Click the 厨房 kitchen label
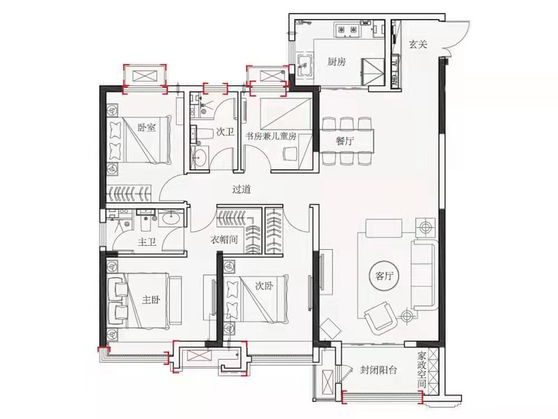[336, 61]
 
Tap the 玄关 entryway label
[418, 45]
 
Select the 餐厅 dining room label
[344, 141]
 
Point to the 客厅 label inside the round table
[384, 276]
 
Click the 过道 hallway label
[241, 189]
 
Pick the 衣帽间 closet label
[224, 240]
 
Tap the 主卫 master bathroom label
[147, 242]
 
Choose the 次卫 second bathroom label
[225, 132]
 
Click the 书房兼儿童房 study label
[271, 136]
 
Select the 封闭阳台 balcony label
[378, 370]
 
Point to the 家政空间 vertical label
[422, 370]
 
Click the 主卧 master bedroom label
[151, 299]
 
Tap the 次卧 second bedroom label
[264, 285]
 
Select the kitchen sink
[304, 66]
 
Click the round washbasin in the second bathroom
[201, 157]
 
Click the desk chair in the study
[291, 154]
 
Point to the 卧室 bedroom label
[147, 127]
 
